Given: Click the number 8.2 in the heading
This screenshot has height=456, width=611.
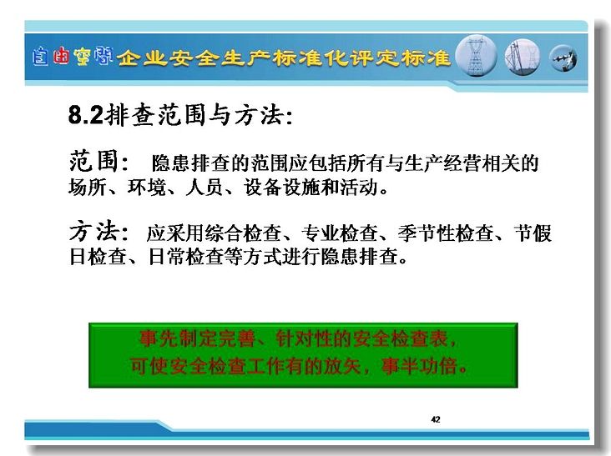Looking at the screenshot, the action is click(86, 115).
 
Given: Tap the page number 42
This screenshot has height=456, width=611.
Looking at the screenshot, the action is click(436, 419).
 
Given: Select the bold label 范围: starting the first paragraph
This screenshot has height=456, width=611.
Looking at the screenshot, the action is click(98, 161).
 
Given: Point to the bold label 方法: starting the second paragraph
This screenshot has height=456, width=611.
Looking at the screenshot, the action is click(98, 231).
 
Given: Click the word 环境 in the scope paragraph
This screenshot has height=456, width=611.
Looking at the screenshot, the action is click(147, 187).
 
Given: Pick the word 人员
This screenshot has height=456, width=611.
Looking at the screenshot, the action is click(205, 187).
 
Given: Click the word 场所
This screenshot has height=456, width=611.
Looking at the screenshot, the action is click(88, 187).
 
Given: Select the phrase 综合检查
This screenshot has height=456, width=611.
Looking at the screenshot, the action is click(242, 233).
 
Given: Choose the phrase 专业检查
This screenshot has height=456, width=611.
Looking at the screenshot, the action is click(339, 233).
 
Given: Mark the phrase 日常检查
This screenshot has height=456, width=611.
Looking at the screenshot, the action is click(186, 257).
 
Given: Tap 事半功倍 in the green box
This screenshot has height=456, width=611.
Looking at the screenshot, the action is click(420, 366).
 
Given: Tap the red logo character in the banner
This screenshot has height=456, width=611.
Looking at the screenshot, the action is click(61, 56).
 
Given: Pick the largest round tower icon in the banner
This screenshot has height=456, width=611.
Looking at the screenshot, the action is click(476, 56).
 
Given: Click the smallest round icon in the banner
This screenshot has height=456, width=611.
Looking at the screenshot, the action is click(563, 58).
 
